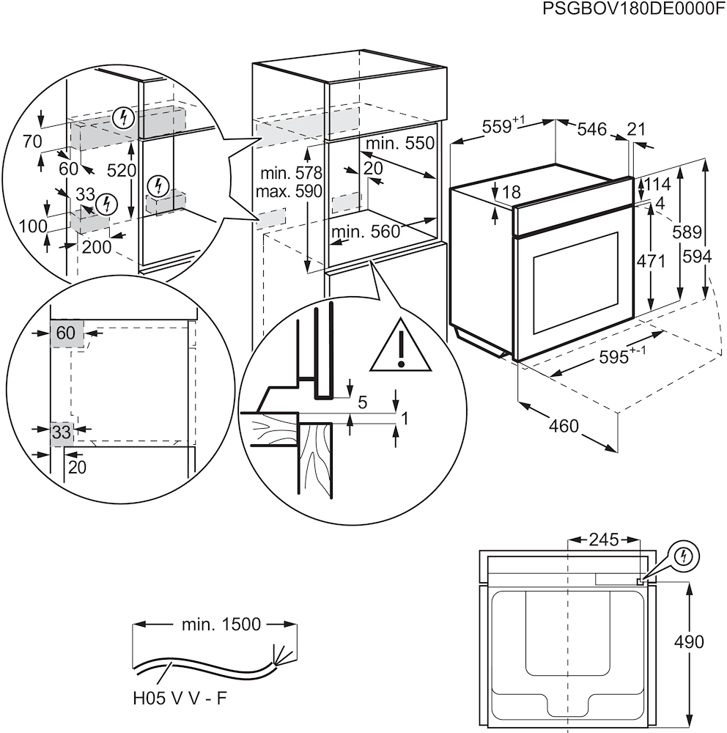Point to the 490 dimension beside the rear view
(x=688, y=642)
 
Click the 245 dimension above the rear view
(x=605, y=540)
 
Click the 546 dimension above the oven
(x=591, y=130)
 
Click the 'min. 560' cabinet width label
(x=365, y=232)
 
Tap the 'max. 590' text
(x=290, y=192)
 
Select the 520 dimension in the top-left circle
(x=122, y=171)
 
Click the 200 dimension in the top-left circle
(x=97, y=247)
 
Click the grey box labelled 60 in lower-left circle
(x=67, y=333)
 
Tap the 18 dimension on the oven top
(x=512, y=192)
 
